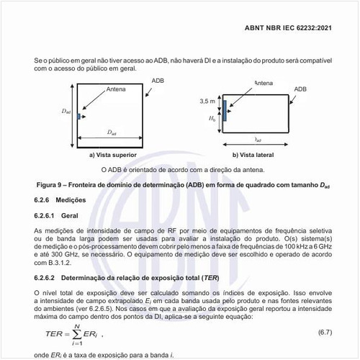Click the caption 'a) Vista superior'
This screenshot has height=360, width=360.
(110, 154)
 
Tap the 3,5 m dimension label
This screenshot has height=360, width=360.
(207, 102)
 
